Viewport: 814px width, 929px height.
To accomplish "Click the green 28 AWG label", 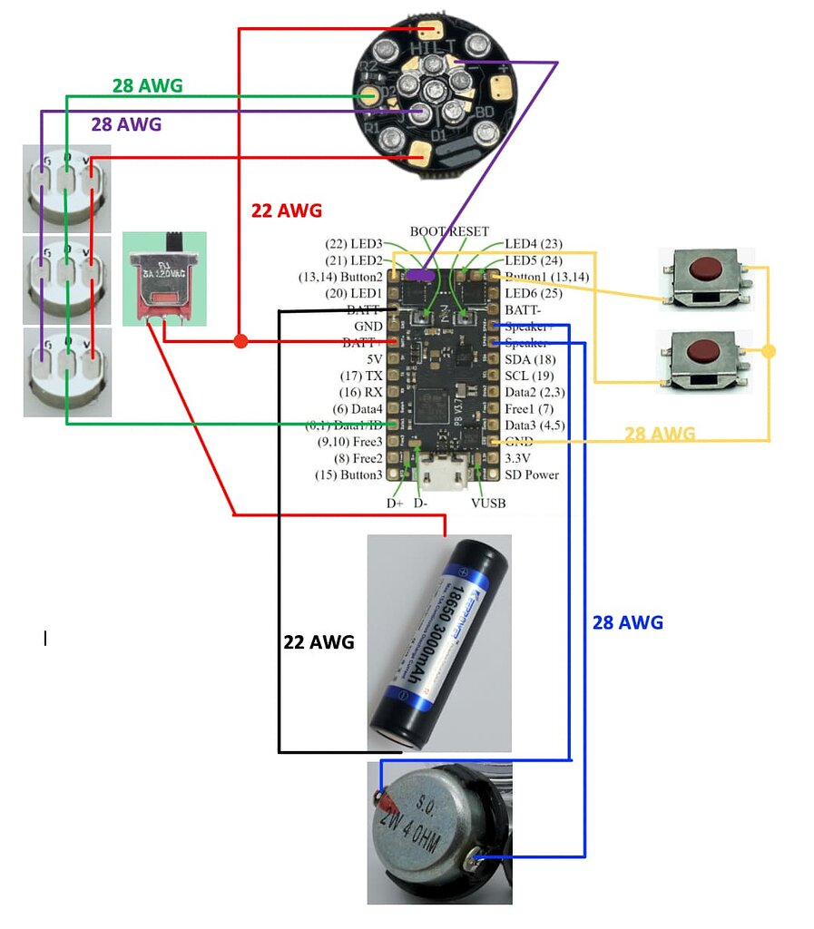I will [147, 86].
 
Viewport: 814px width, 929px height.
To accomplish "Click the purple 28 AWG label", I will [126, 124].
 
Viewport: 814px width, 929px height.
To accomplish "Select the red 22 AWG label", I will [286, 210].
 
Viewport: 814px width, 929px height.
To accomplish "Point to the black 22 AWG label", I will [319, 641].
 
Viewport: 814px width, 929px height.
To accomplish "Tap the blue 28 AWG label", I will [627, 622].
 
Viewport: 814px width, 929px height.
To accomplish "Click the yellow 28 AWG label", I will [660, 434].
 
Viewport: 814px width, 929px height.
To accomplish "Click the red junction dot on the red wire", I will [240, 342].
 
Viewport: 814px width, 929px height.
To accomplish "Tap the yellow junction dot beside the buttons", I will [769, 351].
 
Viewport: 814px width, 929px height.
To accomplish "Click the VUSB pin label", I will [487, 504].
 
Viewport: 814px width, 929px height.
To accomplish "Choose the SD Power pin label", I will [532, 474].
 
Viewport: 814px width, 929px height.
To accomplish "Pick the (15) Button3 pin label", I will [348, 474].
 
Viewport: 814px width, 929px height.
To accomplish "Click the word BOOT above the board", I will [427, 232].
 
